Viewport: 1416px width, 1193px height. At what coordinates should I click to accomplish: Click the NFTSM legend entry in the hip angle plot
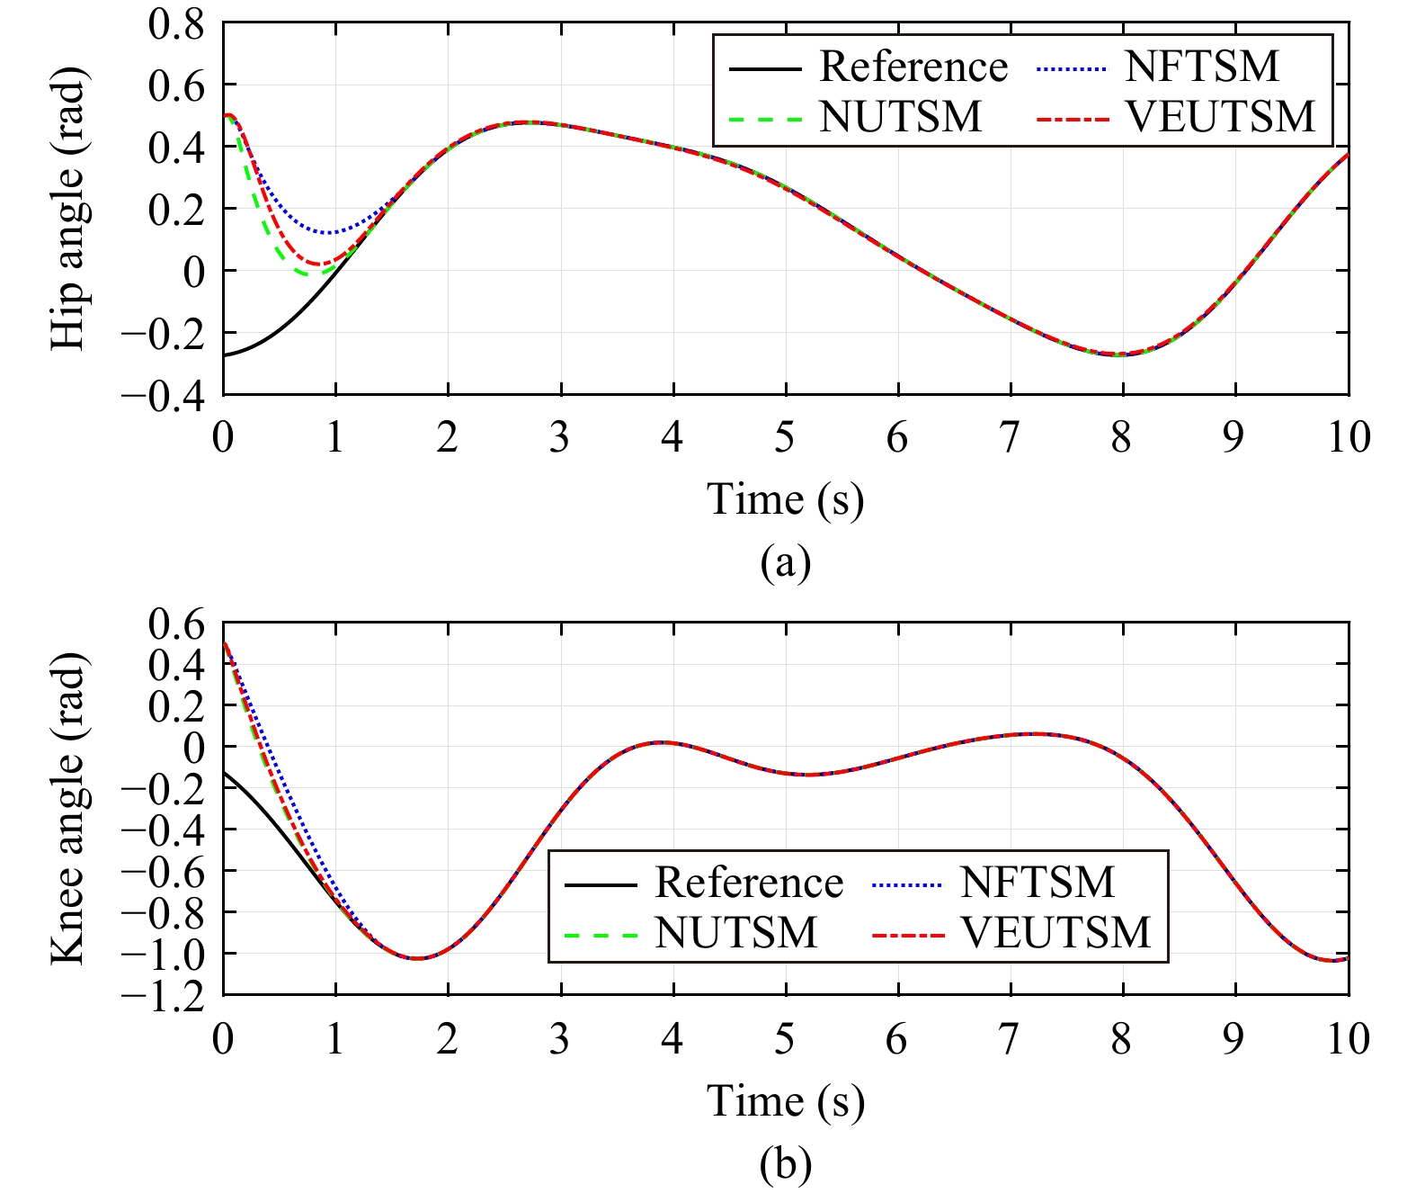pyautogui.click(x=1201, y=67)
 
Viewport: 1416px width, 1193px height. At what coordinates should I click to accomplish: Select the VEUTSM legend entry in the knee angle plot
pyautogui.click(x=1055, y=932)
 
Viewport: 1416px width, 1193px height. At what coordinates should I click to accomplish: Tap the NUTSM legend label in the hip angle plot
pyautogui.click(x=901, y=117)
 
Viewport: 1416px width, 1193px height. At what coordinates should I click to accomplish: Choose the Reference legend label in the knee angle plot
pyautogui.click(x=749, y=883)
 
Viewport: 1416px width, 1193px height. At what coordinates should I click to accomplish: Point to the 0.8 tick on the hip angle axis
pyautogui.click(x=176, y=24)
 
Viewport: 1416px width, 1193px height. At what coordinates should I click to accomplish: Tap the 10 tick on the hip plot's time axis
pyautogui.click(x=1349, y=438)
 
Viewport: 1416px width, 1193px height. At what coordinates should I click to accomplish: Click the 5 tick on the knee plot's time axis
pyautogui.click(x=785, y=1039)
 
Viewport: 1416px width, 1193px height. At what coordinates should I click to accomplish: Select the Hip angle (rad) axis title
pyautogui.click(x=68, y=209)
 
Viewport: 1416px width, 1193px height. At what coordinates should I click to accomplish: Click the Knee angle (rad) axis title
pyautogui.click(x=68, y=809)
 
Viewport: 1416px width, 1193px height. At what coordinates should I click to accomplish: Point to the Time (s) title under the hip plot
pyautogui.click(x=785, y=499)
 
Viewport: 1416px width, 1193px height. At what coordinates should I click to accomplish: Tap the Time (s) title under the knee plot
pyautogui.click(x=785, y=1101)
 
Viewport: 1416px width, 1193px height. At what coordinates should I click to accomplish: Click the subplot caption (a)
pyautogui.click(x=785, y=563)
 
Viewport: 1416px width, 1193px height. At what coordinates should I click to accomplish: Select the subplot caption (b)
pyautogui.click(x=785, y=1165)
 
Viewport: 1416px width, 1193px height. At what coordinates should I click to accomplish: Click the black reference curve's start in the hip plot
pyautogui.click(x=224, y=355)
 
